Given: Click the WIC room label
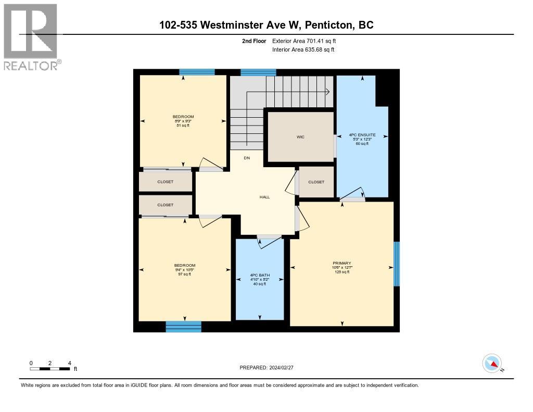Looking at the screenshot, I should click(300, 137).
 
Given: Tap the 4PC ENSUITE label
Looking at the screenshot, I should click(362, 135).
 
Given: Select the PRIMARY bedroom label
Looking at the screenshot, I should click(341, 263).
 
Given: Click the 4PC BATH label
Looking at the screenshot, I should click(260, 276).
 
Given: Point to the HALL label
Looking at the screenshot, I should click(264, 197).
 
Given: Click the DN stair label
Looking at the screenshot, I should click(247, 158).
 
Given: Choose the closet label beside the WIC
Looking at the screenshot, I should click(316, 182).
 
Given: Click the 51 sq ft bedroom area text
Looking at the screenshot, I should click(183, 125).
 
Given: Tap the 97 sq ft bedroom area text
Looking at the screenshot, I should click(184, 274).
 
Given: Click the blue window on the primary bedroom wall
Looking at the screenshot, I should click(397, 264).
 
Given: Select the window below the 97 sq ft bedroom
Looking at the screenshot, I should click(183, 327).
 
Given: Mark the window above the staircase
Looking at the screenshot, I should click(258, 72).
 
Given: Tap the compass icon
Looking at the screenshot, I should click(492, 363).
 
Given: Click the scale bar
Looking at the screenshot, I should click(50, 369).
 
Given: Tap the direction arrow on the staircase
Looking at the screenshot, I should click(328, 92).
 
